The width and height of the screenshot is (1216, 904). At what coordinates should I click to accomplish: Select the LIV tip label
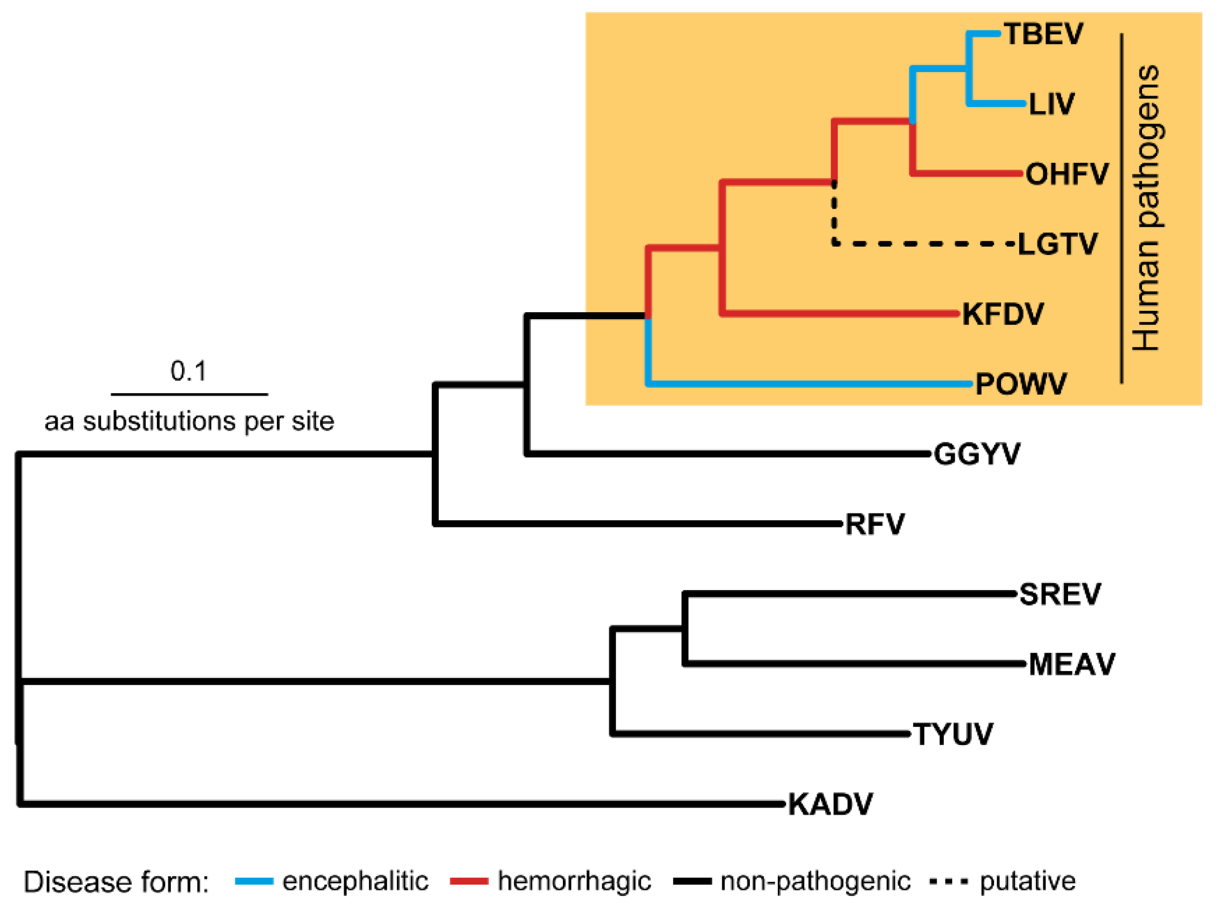point(1051,104)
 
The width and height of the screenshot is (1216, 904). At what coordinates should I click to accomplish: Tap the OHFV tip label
point(1067,174)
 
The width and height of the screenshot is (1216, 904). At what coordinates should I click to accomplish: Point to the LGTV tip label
point(1057,244)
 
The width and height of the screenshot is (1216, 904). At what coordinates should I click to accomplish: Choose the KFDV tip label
point(1002,314)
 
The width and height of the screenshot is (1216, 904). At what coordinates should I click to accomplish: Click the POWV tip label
point(1020,384)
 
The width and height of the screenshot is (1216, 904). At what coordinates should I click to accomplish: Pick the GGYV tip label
point(976,454)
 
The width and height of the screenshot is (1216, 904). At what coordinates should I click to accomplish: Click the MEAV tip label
point(1071,664)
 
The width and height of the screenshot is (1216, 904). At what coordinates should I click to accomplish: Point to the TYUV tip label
point(952,734)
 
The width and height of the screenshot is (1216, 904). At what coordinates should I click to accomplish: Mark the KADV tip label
point(830,804)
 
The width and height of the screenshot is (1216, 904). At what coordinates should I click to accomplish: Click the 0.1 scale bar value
point(188,371)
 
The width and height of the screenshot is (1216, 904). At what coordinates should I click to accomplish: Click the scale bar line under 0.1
point(189,394)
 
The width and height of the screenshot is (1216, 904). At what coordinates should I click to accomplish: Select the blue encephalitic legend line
point(254,881)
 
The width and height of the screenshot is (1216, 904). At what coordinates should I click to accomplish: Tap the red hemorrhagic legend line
point(469,881)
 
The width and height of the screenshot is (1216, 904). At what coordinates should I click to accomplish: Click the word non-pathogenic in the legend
point(815,881)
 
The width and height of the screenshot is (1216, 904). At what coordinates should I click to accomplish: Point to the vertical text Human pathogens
point(1147,208)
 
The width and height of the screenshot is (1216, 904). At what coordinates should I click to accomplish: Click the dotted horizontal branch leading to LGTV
point(925,244)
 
